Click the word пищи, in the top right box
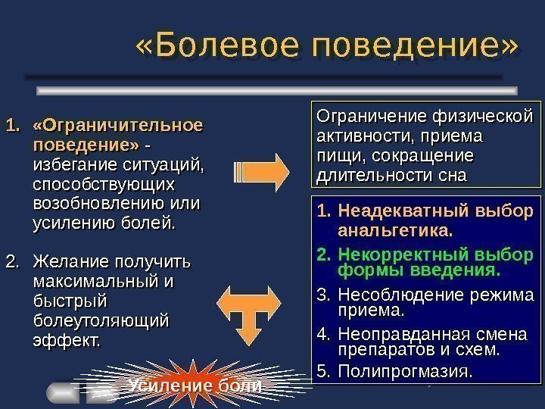[334, 157]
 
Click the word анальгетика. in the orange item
[395, 229]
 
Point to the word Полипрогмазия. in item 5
[404, 372]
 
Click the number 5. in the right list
[324, 372]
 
